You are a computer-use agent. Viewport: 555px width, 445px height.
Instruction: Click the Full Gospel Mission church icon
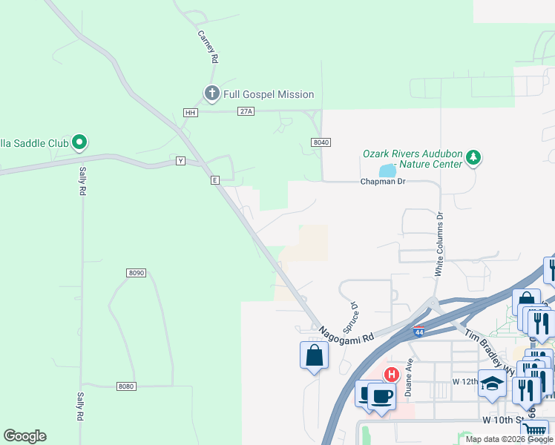pos(211,93)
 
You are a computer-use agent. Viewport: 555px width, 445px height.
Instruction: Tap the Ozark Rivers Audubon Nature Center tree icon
pos(473,157)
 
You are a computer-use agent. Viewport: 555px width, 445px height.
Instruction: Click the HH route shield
pos(191,112)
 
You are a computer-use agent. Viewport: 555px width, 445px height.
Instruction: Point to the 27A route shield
pos(246,111)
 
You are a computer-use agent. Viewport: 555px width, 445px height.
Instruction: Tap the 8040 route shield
pos(321,142)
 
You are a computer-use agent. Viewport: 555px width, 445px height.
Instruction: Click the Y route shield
pos(180,161)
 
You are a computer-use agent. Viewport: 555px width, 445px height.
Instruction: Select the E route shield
pos(214,179)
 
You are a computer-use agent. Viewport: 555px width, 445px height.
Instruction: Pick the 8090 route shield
pos(136,273)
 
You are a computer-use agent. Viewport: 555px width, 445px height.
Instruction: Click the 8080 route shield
pos(127,386)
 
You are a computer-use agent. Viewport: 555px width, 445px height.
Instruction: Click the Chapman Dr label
pos(383,182)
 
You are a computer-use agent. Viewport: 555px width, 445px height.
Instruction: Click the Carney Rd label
pos(207,47)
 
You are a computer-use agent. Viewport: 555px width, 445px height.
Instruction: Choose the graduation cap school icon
pos(491,383)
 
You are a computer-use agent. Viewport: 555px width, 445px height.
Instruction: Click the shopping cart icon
pos(535,431)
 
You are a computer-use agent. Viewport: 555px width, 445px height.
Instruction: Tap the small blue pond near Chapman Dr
pos(387,171)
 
